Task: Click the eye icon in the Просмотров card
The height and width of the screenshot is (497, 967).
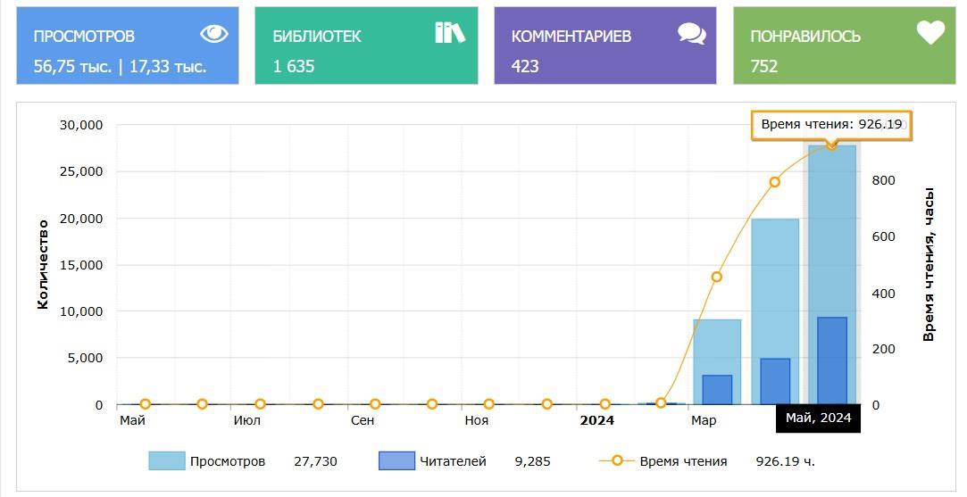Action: pyautogui.click(x=214, y=34)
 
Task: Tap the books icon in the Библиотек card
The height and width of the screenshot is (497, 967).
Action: pyautogui.click(x=450, y=33)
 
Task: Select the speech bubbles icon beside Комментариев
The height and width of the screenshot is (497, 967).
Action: pyautogui.click(x=691, y=34)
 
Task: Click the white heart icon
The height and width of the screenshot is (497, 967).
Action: pyautogui.click(x=930, y=33)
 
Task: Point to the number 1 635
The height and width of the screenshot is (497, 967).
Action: pyautogui.click(x=294, y=66)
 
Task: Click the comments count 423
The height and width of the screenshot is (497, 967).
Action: pyautogui.click(x=525, y=66)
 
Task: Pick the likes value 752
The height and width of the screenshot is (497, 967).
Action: pyautogui.click(x=764, y=66)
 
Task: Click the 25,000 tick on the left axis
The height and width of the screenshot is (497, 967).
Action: pyautogui.click(x=80, y=171)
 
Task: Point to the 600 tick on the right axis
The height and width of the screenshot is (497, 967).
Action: pyautogui.click(x=883, y=236)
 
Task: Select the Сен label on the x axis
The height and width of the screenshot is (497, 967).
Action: pyautogui.click(x=363, y=420)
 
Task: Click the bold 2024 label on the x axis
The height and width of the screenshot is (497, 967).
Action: pyautogui.click(x=596, y=420)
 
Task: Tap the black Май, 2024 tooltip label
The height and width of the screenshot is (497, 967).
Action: pyautogui.click(x=818, y=418)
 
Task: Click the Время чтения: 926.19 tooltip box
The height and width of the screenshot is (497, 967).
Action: pyautogui.click(x=831, y=125)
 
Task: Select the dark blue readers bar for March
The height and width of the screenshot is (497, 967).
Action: pyautogui.click(x=717, y=389)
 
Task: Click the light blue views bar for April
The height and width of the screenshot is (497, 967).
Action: pyautogui.click(x=775, y=286)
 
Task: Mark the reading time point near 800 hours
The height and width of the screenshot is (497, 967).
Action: pyautogui.click(x=774, y=182)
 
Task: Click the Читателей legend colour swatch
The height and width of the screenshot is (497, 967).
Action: pyautogui.click(x=396, y=461)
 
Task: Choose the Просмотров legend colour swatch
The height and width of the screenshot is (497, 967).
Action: pyautogui.click(x=166, y=461)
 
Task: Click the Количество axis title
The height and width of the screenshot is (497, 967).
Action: pyautogui.click(x=43, y=264)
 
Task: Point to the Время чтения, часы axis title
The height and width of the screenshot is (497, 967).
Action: pyautogui.click(x=929, y=264)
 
